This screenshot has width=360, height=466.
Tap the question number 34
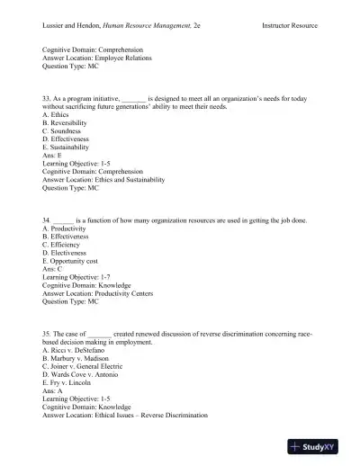coord(47,220)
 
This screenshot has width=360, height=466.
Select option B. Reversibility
coord(67,122)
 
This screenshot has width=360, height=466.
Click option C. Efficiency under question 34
coord(64,244)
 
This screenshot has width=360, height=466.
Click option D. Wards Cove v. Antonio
coord(84,375)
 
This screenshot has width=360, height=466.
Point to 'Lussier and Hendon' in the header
coord(75,25)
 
